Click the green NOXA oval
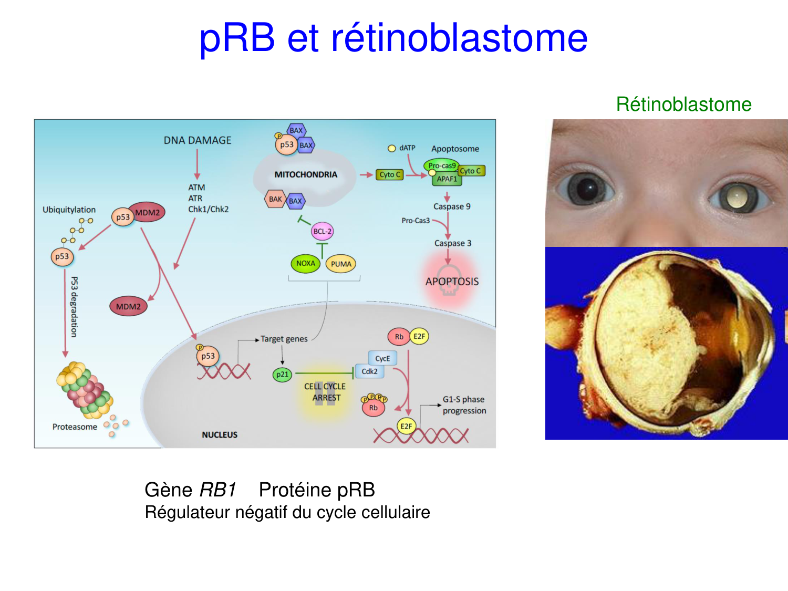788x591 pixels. tap(305, 263)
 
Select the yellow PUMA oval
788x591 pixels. tap(341, 264)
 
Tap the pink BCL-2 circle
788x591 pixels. tap(322, 231)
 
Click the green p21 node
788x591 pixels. tap(282, 375)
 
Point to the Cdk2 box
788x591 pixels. tap(369, 371)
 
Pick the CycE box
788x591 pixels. tap(382, 358)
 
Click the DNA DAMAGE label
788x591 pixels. tap(198, 140)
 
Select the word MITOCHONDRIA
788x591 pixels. tap(306, 174)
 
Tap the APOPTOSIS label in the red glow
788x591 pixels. tap(452, 282)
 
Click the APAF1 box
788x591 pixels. tap(447, 179)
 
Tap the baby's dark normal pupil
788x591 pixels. tap(586, 188)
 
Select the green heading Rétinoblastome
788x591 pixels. tap(683, 104)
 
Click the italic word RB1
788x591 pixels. tap(218, 490)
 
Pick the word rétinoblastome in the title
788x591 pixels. tap(459, 38)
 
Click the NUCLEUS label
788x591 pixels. tap(220, 434)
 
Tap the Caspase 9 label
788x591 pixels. tap(452, 206)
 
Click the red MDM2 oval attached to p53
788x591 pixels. tap(148, 212)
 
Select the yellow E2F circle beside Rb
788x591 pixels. tap(419, 336)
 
